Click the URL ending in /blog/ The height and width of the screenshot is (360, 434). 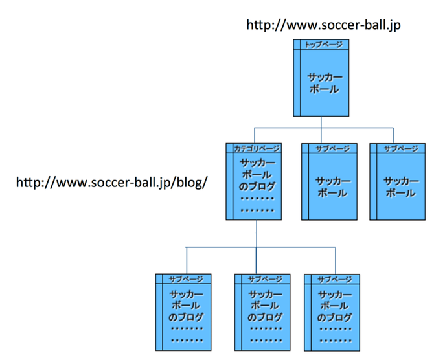pyautogui.click(x=111, y=182)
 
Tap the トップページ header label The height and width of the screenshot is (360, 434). pyautogui.click(x=323, y=45)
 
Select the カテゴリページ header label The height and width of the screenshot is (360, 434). pyautogui.click(x=257, y=148)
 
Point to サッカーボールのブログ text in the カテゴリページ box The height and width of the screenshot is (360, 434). pyautogui.click(x=257, y=175)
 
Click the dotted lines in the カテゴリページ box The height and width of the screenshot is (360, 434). pyautogui.click(x=257, y=205)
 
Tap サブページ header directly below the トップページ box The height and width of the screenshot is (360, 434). pyautogui.click(x=332, y=148)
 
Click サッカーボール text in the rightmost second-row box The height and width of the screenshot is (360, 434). pyautogui.click(x=400, y=187)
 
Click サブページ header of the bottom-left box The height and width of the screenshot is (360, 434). pyautogui.click(x=186, y=279)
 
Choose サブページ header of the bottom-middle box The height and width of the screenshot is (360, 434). pyautogui.click(x=265, y=279)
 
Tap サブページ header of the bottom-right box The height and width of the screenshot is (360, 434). pyautogui.click(x=335, y=279)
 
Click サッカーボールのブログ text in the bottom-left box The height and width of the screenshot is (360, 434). pyautogui.click(x=186, y=306)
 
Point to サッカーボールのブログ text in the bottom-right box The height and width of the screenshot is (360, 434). pyautogui.click(x=335, y=306)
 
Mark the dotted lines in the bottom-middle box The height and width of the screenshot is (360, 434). pyautogui.click(x=265, y=334)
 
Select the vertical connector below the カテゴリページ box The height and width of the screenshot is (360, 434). pyautogui.click(x=257, y=233)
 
